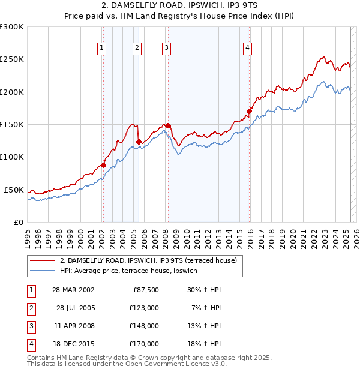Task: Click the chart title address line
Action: tap(180, 5)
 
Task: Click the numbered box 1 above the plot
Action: tap(102, 49)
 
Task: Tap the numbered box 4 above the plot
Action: tap(247, 49)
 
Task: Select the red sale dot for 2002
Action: tap(103, 165)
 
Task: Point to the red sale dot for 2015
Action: tap(249, 111)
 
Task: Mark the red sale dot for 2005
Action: tap(139, 142)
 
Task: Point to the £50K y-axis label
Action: tap(14, 190)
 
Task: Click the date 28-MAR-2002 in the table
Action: tap(73, 290)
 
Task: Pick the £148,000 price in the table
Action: tap(144, 327)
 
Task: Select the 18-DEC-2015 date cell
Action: tap(73, 344)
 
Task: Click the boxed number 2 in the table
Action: tap(30, 308)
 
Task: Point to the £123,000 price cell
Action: tap(144, 308)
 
